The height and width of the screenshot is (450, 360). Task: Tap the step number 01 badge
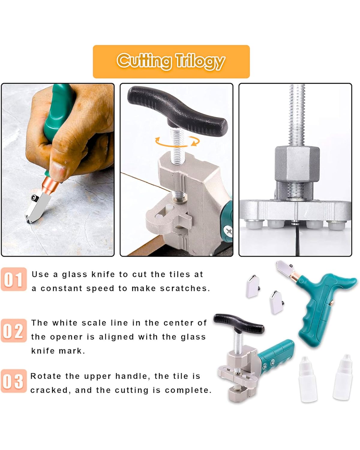tap(14, 279)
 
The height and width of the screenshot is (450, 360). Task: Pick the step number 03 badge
tap(14, 381)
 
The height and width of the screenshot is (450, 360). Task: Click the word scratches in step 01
tap(185, 288)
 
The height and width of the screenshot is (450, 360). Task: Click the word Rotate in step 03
tap(46, 376)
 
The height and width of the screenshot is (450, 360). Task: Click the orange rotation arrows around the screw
tap(177, 142)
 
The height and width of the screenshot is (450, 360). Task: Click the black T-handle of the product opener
tap(239, 323)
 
